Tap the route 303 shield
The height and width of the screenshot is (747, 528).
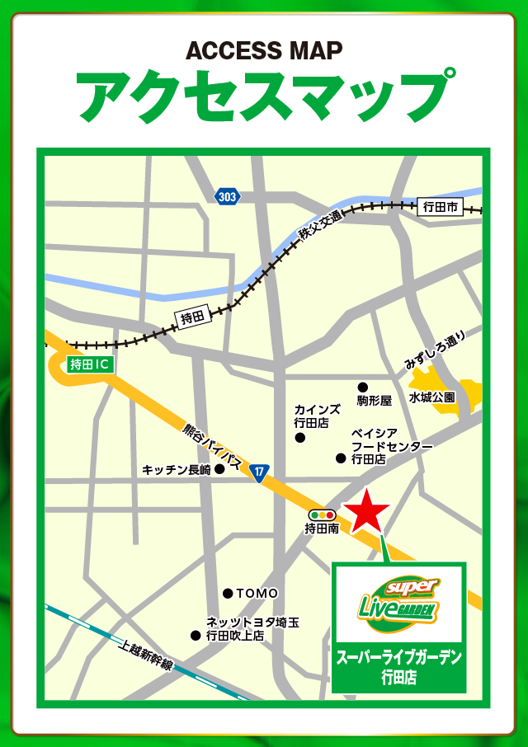tap(227, 196)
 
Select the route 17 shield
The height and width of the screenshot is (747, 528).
tap(260, 472)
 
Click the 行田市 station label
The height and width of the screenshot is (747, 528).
tap(439, 207)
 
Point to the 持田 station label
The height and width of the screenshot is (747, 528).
tap(191, 317)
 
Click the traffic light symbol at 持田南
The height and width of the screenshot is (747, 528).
tap(323, 514)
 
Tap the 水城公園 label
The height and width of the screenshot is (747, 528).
tap(432, 397)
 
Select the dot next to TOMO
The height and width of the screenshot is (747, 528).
tap(228, 593)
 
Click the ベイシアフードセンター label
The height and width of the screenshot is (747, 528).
tap(391, 446)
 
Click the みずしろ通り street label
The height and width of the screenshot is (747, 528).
tap(435, 350)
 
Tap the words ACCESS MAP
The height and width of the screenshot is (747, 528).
tap(264, 51)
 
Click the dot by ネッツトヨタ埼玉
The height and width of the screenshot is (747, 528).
tap(196, 635)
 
